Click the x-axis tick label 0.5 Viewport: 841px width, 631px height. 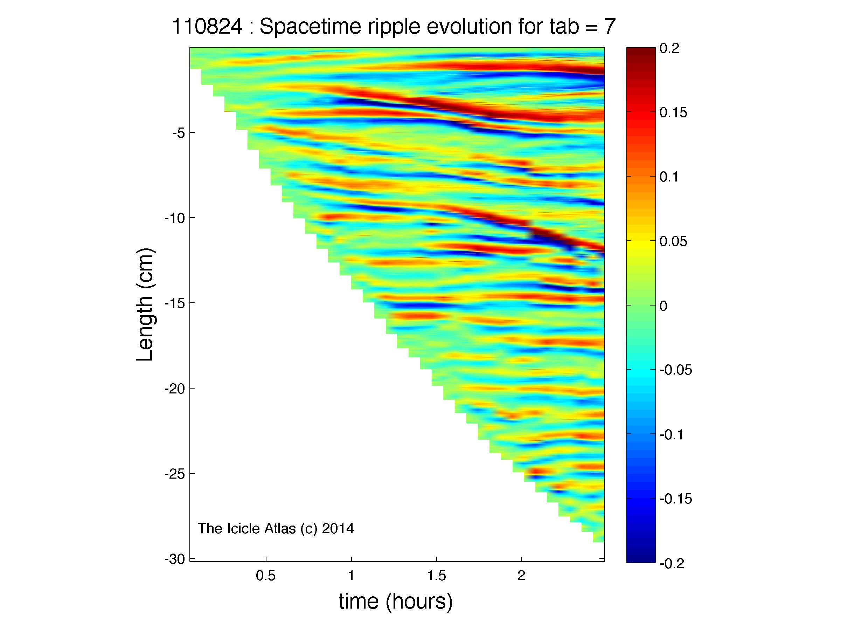265,576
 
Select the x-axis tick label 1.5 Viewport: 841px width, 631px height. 436,576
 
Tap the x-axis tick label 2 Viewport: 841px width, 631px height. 521,576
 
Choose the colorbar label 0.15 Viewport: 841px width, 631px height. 673,113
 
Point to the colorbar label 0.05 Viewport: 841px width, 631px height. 673,241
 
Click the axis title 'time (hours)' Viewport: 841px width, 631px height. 396,602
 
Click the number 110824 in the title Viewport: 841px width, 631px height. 207,27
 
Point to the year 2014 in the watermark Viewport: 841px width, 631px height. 338,529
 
